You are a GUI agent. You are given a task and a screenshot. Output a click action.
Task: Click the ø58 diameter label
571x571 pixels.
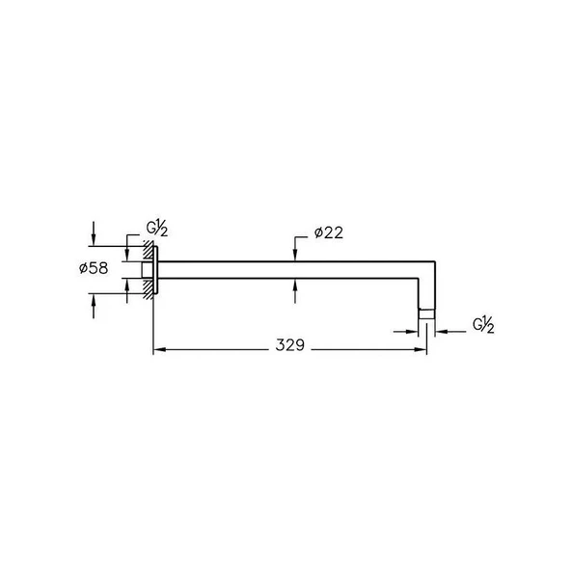coord(94,268)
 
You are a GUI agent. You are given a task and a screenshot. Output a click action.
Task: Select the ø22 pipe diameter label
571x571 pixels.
coord(329,232)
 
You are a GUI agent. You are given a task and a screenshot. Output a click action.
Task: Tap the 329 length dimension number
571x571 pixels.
coord(290,345)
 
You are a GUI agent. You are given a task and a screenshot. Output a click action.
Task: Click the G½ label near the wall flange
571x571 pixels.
coord(157,229)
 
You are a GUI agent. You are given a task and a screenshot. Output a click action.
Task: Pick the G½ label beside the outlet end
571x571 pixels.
coord(483,325)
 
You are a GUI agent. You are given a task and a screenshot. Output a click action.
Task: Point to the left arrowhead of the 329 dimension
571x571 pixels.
coord(159,349)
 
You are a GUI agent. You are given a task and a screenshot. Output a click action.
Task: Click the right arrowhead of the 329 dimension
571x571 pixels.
coord(420,349)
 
